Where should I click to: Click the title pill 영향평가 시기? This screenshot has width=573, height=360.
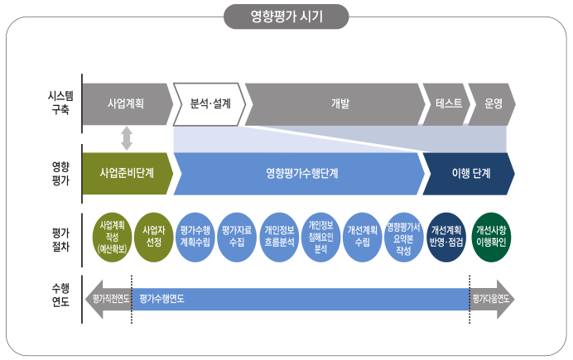tap(286, 16)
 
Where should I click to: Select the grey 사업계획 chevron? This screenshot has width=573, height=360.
tap(126, 104)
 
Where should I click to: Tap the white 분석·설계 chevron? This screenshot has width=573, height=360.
tap(208, 104)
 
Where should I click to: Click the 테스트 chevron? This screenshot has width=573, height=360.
tap(444, 104)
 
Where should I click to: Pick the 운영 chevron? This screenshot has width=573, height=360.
tap(493, 104)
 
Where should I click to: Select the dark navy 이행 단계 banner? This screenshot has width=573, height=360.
tap(469, 174)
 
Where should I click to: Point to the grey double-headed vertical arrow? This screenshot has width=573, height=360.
tap(127, 137)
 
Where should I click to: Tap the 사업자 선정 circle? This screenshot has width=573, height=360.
tap(154, 236)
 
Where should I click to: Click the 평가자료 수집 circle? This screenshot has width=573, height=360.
tap(238, 236)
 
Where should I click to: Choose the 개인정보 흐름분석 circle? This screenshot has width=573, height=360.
tap(280, 236)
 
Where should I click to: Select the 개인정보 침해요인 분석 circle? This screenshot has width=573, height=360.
tap(320, 236)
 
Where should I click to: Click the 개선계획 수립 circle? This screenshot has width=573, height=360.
tap(363, 236)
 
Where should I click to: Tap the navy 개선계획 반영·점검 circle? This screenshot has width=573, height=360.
tap(445, 236)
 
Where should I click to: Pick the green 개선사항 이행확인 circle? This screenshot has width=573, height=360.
tap(492, 236)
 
